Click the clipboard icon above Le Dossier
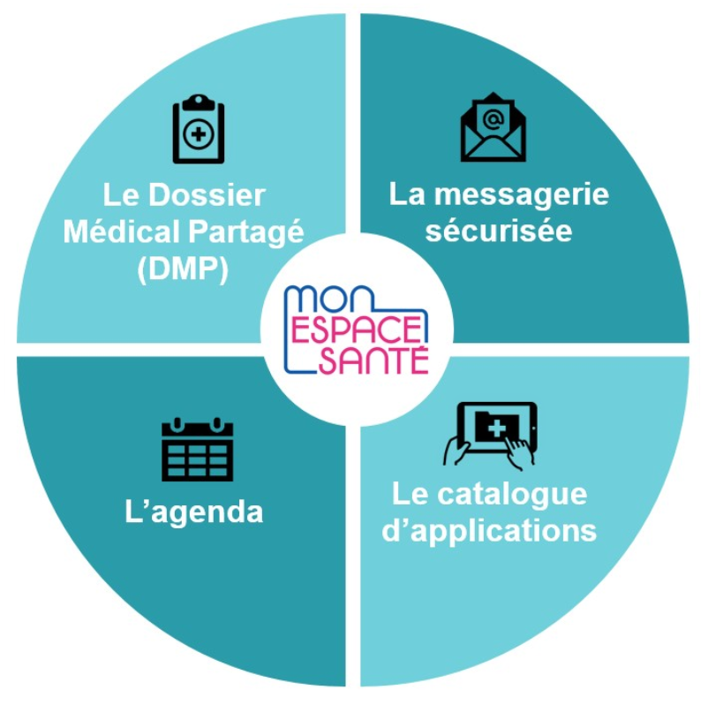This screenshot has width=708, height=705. [x=199, y=129]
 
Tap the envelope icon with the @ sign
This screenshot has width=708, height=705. [x=493, y=127]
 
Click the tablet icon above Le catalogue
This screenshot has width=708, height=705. [x=491, y=436]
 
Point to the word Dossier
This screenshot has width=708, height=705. [x=207, y=195]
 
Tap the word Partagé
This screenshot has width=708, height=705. [x=246, y=232]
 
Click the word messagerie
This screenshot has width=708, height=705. [x=522, y=195]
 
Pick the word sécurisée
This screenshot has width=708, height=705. [x=499, y=231]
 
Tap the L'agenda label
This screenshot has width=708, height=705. [x=193, y=512]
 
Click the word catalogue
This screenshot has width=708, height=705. [x=513, y=495]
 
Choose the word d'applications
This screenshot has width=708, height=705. [x=489, y=532]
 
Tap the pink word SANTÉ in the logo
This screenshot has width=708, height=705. [x=374, y=360]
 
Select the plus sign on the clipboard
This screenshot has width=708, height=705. [x=199, y=134]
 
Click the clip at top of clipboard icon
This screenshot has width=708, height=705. [x=199, y=102]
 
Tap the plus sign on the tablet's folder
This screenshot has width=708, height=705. [x=497, y=428]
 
